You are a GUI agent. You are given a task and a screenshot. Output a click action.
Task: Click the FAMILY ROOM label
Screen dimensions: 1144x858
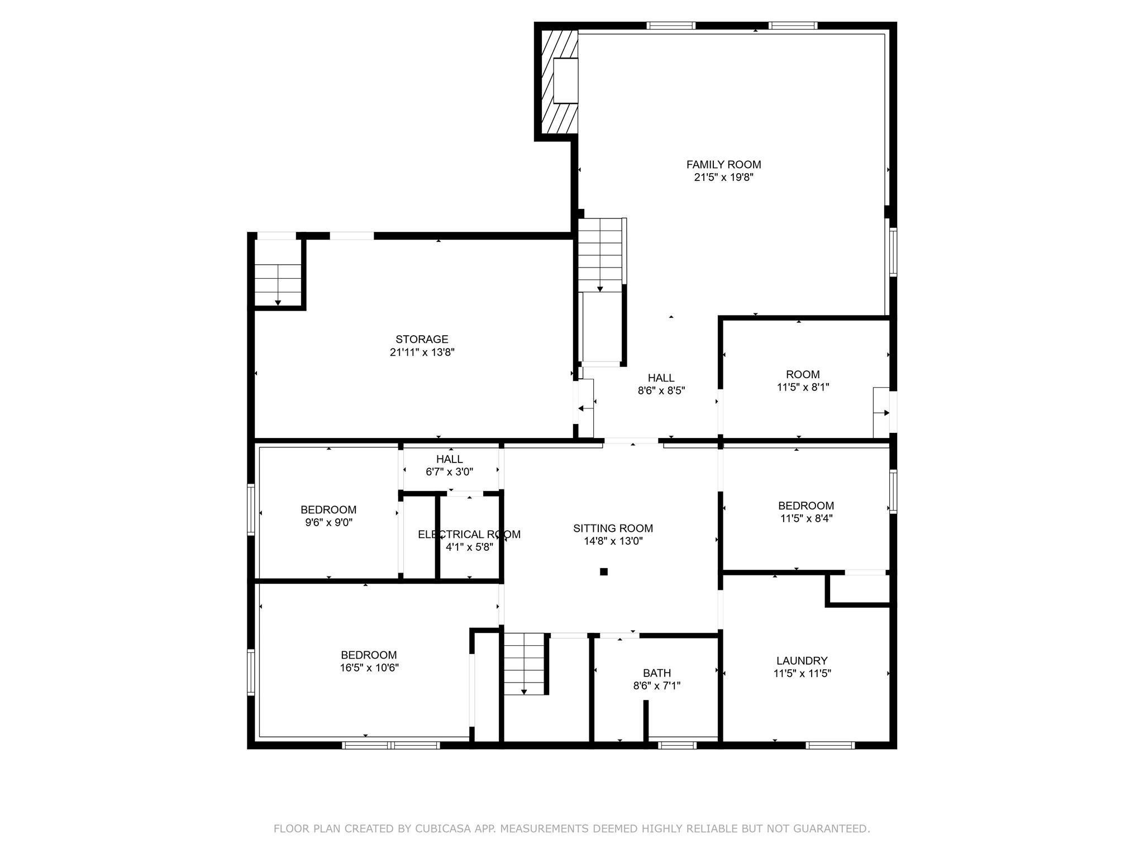click(x=723, y=164)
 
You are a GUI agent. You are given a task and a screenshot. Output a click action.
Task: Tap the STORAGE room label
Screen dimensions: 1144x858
click(x=422, y=339)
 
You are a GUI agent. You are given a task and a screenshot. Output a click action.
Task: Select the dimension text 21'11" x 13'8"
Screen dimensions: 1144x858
click(x=422, y=352)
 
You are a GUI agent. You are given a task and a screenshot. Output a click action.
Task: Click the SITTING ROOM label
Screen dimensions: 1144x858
click(x=613, y=528)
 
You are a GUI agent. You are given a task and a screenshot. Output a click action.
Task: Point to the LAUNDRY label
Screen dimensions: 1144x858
click(x=802, y=661)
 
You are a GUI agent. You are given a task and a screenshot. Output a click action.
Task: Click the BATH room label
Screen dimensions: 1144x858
click(x=656, y=673)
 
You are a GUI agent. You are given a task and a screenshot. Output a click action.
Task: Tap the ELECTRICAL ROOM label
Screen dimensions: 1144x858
click(x=469, y=535)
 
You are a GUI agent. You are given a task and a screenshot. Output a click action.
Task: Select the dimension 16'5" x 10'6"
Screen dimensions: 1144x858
click(x=369, y=668)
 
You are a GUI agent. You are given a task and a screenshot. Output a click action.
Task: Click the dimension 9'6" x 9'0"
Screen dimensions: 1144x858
click(x=328, y=522)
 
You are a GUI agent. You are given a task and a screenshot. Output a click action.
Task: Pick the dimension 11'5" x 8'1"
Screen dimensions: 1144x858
click(x=803, y=387)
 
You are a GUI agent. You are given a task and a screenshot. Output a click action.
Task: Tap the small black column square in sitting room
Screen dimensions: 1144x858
click(x=603, y=571)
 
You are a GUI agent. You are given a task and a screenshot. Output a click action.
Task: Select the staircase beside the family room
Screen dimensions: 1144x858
click(x=600, y=255)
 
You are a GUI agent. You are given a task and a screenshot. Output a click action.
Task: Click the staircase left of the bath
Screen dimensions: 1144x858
click(x=524, y=664)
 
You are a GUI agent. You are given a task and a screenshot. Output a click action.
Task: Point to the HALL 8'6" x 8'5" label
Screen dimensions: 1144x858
click(x=661, y=384)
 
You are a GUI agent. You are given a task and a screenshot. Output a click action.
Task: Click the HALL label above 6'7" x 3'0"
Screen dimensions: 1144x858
click(x=450, y=459)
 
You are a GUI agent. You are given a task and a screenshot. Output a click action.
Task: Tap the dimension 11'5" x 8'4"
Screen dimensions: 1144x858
click(x=806, y=518)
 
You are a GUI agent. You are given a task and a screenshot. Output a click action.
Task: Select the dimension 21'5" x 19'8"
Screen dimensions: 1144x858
click(x=723, y=177)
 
